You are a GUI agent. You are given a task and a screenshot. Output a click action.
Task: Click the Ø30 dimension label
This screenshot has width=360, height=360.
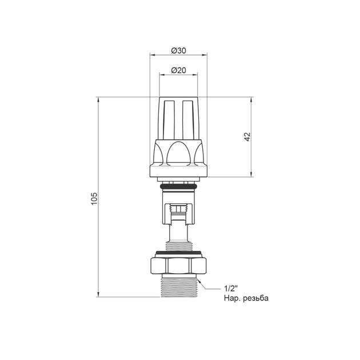pyautogui.click(x=178, y=50)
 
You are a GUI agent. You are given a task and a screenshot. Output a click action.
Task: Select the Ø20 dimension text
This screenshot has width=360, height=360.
pyautogui.click(x=178, y=70)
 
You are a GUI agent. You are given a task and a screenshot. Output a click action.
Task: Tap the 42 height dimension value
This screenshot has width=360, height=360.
pyautogui.click(x=247, y=137)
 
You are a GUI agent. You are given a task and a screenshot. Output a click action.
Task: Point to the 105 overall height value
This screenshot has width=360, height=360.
pyautogui.click(x=94, y=199)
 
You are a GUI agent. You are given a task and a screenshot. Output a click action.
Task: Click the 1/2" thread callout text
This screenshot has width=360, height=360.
pyautogui.click(x=231, y=289)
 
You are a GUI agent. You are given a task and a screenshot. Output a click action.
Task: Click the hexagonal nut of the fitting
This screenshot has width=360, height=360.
pyautogui.click(x=179, y=266)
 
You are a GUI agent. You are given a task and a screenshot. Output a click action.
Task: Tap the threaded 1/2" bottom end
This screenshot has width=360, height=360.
pyautogui.click(x=178, y=287)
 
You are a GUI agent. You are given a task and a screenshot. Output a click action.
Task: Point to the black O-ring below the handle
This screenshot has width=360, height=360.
pyautogui.click(x=178, y=186)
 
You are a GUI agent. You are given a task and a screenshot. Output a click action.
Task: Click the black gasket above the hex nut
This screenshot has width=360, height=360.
pyautogui.click(x=179, y=253)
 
